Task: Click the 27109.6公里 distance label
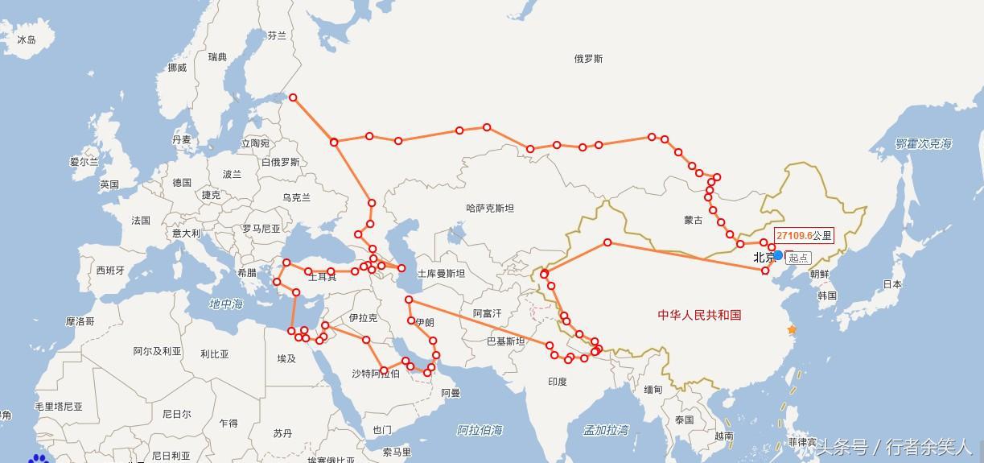click(804, 236)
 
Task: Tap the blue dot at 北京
click(778, 255)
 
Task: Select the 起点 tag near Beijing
click(798, 258)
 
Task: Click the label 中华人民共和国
click(698, 315)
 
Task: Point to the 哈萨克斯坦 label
click(490, 208)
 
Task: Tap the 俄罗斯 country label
click(588, 59)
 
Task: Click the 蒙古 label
click(693, 220)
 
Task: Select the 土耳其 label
click(322, 277)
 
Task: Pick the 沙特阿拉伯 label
click(375, 374)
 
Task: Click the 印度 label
click(557, 382)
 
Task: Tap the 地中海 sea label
click(225, 304)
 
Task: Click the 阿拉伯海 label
click(480, 430)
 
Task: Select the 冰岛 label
click(27, 39)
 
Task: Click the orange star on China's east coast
click(792, 330)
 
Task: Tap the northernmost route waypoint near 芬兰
click(293, 97)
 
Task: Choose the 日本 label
click(891, 284)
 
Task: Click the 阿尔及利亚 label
click(157, 351)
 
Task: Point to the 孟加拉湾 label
click(606, 430)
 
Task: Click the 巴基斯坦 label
click(505, 341)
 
